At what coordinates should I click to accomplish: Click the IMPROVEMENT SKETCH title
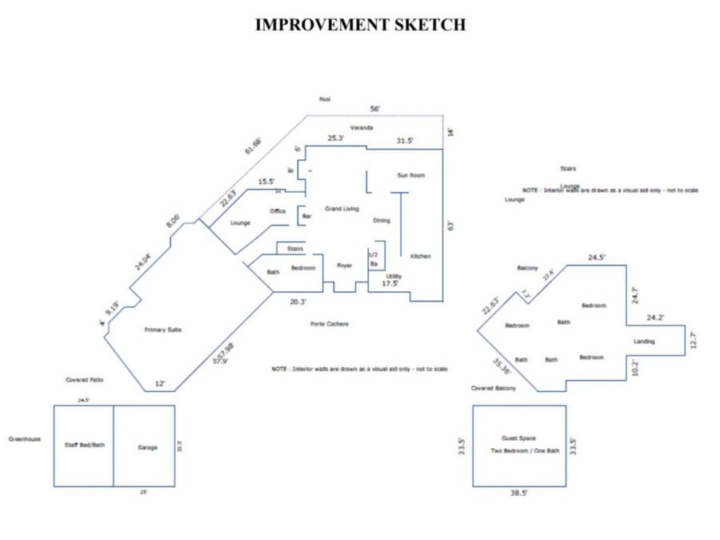pyautogui.click(x=360, y=25)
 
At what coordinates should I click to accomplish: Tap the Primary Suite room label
pyautogui.click(x=163, y=329)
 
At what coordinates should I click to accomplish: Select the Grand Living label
pyautogui.click(x=342, y=208)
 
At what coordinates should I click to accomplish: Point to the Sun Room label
pyautogui.click(x=411, y=174)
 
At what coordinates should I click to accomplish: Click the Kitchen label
pyautogui.click(x=421, y=256)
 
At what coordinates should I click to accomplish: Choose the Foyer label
pyautogui.click(x=345, y=266)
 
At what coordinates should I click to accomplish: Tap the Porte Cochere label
pyautogui.click(x=329, y=323)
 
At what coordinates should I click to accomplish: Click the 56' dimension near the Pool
pyautogui.click(x=374, y=109)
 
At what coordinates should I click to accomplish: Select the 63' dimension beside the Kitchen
pyautogui.click(x=450, y=226)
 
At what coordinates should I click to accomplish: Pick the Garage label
pyautogui.click(x=147, y=447)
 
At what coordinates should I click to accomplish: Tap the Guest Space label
pyautogui.click(x=518, y=438)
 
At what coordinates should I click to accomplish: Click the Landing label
pyautogui.click(x=644, y=342)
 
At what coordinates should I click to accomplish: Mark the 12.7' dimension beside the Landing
pyautogui.click(x=694, y=339)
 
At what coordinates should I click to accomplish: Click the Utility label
pyautogui.click(x=394, y=276)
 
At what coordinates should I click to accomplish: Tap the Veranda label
pyautogui.click(x=362, y=128)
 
